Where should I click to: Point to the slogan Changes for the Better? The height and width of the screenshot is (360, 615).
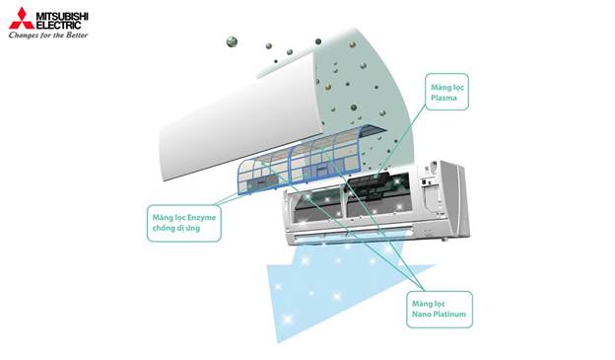coord(49,36)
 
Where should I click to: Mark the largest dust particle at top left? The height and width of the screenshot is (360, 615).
coord(231,41)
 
